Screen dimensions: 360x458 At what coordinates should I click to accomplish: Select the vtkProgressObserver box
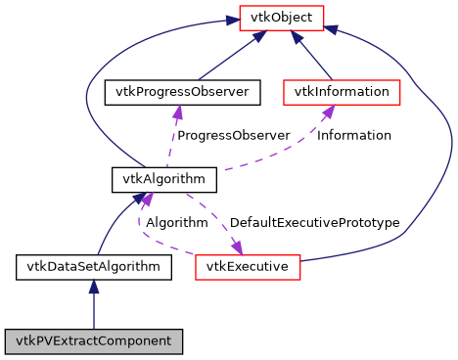182,92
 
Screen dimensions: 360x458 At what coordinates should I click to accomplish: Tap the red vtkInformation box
343,92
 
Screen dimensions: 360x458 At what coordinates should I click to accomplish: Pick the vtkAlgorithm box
150,180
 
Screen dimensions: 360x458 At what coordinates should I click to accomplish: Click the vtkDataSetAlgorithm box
94,265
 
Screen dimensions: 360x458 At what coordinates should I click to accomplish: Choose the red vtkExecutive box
247,265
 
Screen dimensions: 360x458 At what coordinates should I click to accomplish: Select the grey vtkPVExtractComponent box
94,341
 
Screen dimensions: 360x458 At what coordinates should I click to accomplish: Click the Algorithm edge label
177,223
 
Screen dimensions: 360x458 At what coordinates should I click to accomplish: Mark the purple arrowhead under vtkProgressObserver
177,112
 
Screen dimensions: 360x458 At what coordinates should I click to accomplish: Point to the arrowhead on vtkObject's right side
332,29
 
